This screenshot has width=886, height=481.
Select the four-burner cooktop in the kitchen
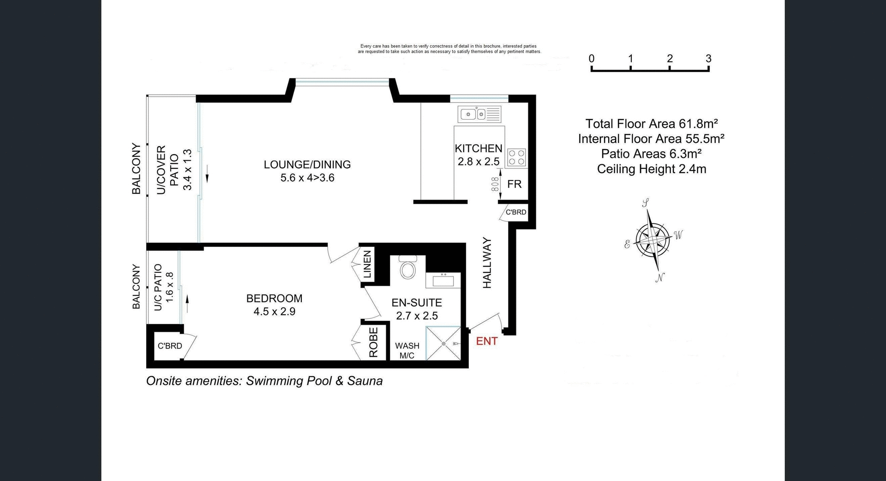point(516,157)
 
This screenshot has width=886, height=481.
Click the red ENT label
point(486,341)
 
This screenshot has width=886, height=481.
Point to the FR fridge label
point(514,184)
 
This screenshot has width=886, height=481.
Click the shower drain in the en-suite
point(443,343)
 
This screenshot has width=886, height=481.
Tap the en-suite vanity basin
point(443,280)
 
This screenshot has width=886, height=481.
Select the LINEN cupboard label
point(367,264)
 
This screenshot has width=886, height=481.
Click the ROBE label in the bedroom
point(374,342)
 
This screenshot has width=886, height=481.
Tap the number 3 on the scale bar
point(708,59)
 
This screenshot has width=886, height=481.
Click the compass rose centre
point(653,240)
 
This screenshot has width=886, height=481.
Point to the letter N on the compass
point(660,277)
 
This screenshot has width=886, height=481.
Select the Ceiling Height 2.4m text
point(651,169)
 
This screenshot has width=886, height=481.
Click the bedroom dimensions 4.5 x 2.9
point(274,312)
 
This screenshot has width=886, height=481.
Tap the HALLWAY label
point(487,263)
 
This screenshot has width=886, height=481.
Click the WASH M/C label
point(407,350)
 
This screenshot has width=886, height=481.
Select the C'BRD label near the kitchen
point(515,212)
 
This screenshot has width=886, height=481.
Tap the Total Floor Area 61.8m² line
point(651,124)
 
